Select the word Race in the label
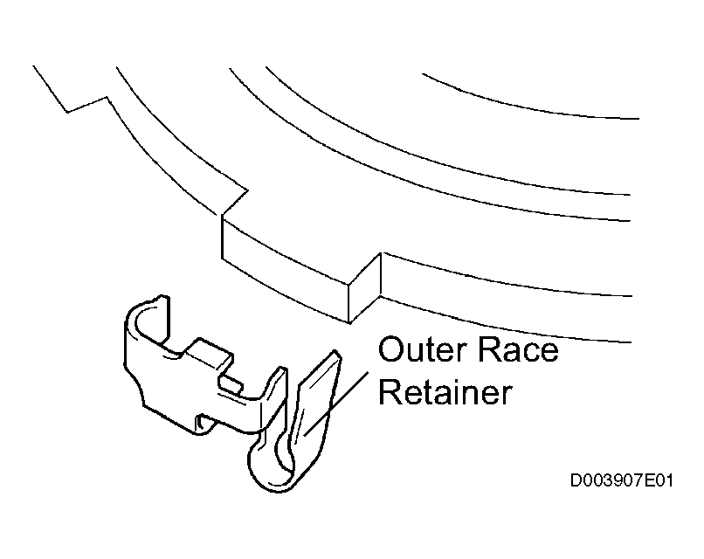point(517,349)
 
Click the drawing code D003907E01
point(621,481)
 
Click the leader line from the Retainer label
point(335,404)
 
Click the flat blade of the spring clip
point(316,400)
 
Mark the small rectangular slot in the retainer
point(230,385)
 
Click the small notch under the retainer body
point(204,424)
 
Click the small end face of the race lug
point(365,287)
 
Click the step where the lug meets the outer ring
point(234,203)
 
